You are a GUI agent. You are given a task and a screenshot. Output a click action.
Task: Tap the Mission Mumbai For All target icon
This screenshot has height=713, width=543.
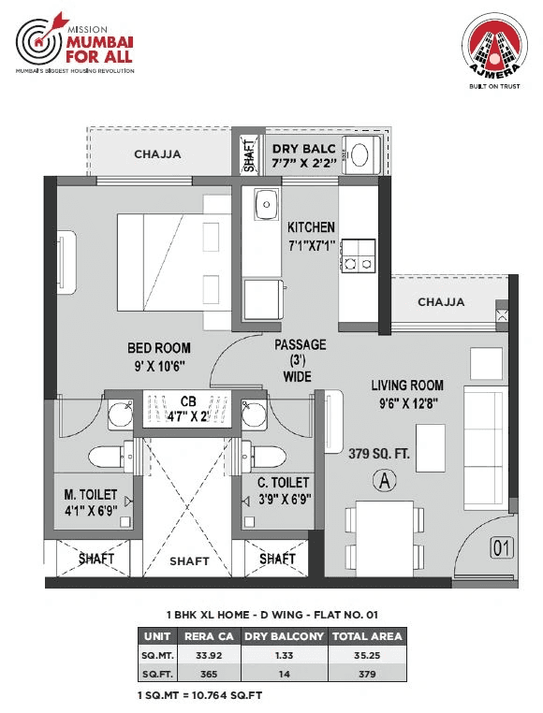(x=37, y=43)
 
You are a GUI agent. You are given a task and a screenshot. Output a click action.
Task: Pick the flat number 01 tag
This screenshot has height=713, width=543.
(x=502, y=549)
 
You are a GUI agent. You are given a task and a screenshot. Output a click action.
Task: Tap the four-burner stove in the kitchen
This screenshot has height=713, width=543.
(x=359, y=255)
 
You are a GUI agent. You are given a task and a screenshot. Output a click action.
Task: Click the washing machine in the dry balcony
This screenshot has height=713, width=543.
(x=358, y=154)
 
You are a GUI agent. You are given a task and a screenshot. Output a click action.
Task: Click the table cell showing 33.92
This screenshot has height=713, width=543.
(x=201, y=655)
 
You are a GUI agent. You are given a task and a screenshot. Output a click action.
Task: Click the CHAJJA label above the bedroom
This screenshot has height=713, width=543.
(x=157, y=154)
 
